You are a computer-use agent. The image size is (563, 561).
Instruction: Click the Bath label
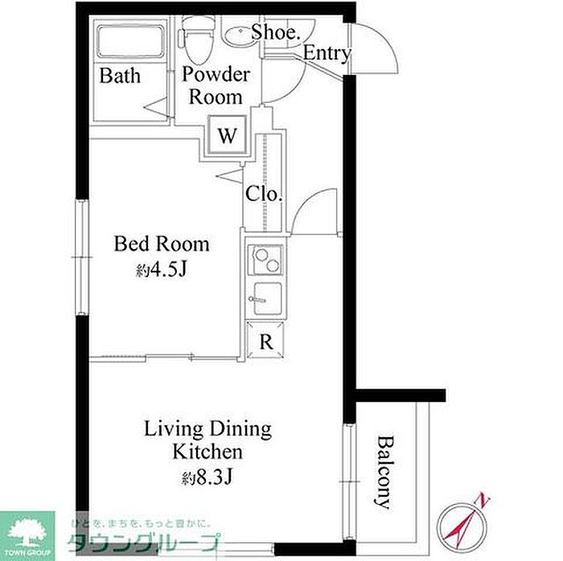pos(120,76)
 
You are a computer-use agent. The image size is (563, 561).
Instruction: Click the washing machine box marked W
pos(228,135)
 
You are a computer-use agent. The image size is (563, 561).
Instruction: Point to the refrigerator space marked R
pos(265,341)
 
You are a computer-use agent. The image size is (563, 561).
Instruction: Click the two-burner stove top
pos(265,260)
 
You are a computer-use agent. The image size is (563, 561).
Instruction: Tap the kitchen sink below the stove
pos(265,299)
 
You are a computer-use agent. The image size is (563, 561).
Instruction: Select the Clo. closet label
pos(264,194)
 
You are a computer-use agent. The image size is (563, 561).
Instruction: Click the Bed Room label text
pos(162,244)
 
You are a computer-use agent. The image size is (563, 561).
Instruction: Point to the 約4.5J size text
pos(162,270)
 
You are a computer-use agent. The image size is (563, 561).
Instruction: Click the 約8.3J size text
pos(208,477)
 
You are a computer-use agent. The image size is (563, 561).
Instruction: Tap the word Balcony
pos(384,472)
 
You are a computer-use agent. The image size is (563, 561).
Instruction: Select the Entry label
pos(327,53)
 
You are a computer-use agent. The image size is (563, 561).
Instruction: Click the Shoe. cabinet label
pos(275,32)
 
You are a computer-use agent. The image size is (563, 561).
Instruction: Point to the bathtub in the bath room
pos(131,41)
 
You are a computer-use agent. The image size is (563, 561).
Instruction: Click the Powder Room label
pos(216,86)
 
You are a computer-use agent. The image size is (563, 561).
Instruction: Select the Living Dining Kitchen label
pos(208,440)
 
